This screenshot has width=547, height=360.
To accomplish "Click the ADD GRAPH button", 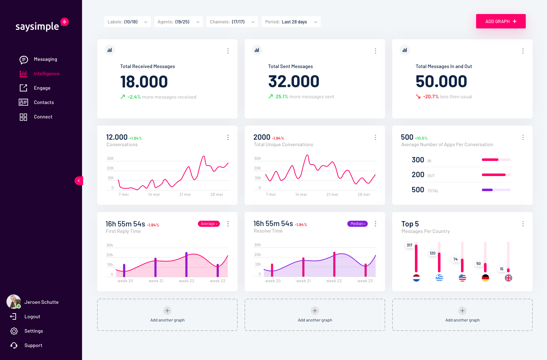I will [x=501, y=21].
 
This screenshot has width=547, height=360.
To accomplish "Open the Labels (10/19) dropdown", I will [x=127, y=22].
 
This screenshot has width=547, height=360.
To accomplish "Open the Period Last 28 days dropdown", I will [x=291, y=22].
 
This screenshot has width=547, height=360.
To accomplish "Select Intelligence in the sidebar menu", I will [x=46, y=73].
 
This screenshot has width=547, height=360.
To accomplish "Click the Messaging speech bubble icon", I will [x=24, y=59].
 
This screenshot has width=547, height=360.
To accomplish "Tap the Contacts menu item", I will [x=44, y=102].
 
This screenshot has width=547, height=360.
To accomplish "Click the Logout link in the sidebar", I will [x=32, y=316].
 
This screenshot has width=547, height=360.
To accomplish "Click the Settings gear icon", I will [x=14, y=331].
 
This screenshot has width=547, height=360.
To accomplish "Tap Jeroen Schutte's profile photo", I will [x=14, y=302].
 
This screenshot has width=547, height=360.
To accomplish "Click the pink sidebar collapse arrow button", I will [x=79, y=181].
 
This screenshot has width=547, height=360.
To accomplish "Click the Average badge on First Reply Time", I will [x=209, y=224].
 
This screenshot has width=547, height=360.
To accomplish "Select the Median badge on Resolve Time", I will [x=357, y=224].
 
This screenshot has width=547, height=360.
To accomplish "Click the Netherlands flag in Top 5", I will [x=416, y=278].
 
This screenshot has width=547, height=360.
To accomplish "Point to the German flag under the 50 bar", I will [x=485, y=278].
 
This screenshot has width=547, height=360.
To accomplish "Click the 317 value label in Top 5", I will [x=410, y=245].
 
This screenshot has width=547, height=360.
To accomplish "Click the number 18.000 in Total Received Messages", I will [x=144, y=82].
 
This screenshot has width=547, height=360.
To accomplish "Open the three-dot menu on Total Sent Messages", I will [x=375, y=51].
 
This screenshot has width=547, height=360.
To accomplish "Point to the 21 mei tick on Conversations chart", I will [x=185, y=194].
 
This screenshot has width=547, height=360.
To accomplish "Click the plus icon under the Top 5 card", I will [x=462, y=311].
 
